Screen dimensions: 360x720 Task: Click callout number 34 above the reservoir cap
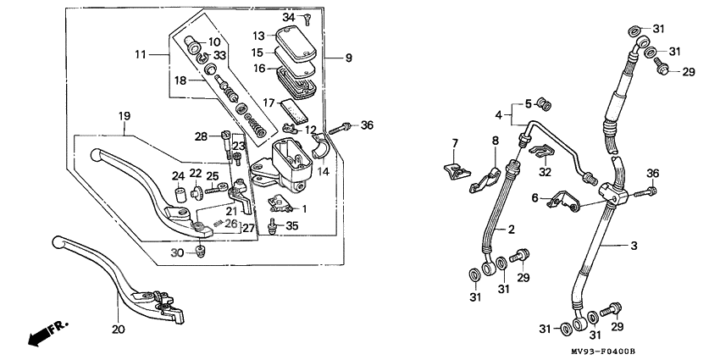[x=289, y=18]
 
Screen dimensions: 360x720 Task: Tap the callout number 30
[x=176, y=253]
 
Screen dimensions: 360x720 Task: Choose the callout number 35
[x=292, y=226]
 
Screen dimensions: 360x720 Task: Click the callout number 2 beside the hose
[x=511, y=230]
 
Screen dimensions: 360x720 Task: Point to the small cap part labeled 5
[x=546, y=105]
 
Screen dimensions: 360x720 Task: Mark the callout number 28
[x=201, y=136]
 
